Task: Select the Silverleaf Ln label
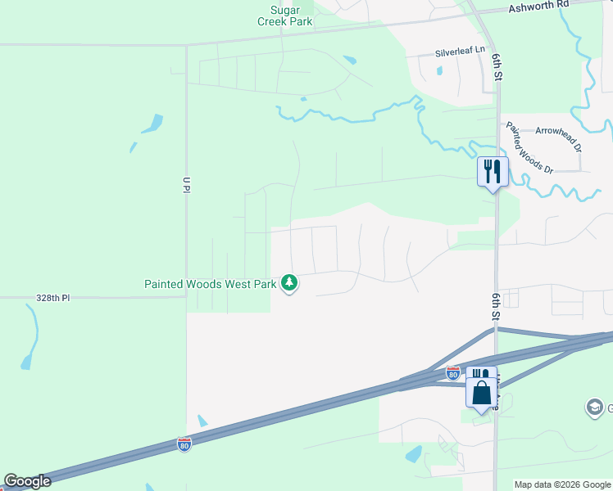pos(461,52)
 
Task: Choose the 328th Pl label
pos(54,299)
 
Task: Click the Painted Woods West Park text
pos(211,284)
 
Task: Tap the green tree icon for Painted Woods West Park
pos(288,283)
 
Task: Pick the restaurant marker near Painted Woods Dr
pos(493,172)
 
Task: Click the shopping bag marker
pos(482,394)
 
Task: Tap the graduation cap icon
pos(594,407)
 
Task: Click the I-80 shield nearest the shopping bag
pos(453,373)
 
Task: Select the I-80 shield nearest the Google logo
pos(184,444)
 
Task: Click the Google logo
pos(27,481)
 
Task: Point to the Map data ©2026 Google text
pos(562,484)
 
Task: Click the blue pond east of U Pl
pos(152,124)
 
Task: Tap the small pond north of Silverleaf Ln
pos(350,60)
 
